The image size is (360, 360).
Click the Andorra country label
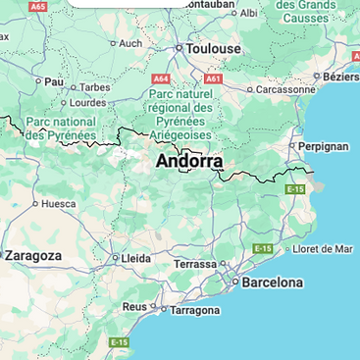pos(189,161)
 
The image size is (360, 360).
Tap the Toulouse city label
pos(214,48)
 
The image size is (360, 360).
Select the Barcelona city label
pos(272,283)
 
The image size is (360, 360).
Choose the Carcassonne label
pos(286,88)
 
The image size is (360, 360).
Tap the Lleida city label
pos(134,258)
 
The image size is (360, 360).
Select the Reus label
pos(133,306)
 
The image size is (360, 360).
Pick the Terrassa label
pos(195,264)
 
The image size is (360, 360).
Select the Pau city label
pos(53,81)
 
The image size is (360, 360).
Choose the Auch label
pos(130,43)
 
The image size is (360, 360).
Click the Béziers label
pos(340,77)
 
